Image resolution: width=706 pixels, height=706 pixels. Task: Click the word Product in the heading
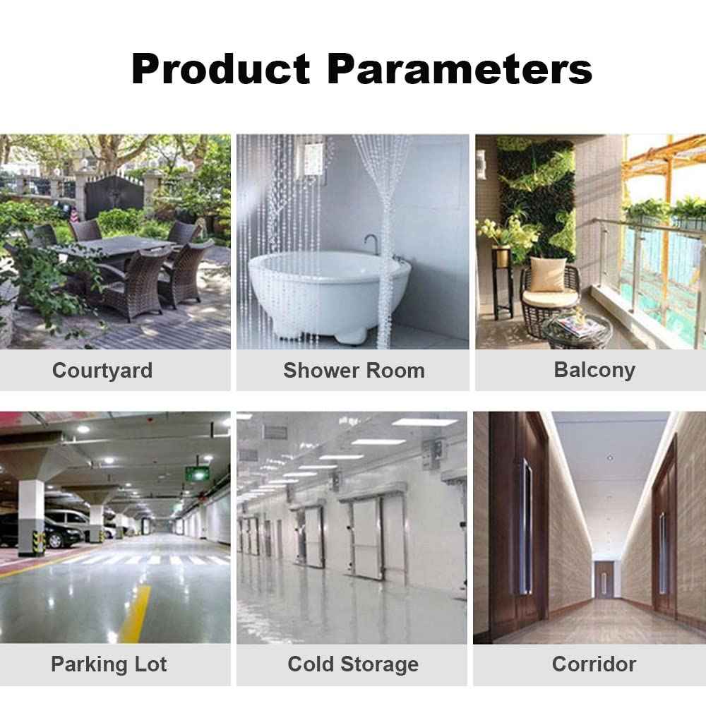[x=220, y=69]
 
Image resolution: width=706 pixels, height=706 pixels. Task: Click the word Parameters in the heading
[x=460, y=69]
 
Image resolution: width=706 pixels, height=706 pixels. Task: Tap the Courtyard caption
[x=102, y=371]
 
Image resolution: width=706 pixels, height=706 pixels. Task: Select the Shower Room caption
[x=354, y=371]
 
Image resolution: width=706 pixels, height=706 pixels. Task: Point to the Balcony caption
[x=594, y=371]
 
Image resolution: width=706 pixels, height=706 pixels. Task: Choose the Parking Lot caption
[x=109, y=664]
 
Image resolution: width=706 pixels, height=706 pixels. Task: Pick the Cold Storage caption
[x=353, y=664]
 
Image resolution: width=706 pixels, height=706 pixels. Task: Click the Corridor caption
[x=594, y=664]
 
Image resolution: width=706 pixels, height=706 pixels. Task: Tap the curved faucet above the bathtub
[x=372, y=244]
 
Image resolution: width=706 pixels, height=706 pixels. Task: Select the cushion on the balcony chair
[x=547, y=275]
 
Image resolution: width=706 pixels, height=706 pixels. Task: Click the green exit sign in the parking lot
[x=198, y=474]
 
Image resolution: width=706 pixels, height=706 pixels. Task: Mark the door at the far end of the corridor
[x=604, y=580]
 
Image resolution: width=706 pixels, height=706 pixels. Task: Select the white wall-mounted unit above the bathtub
[x=314, y=160]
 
